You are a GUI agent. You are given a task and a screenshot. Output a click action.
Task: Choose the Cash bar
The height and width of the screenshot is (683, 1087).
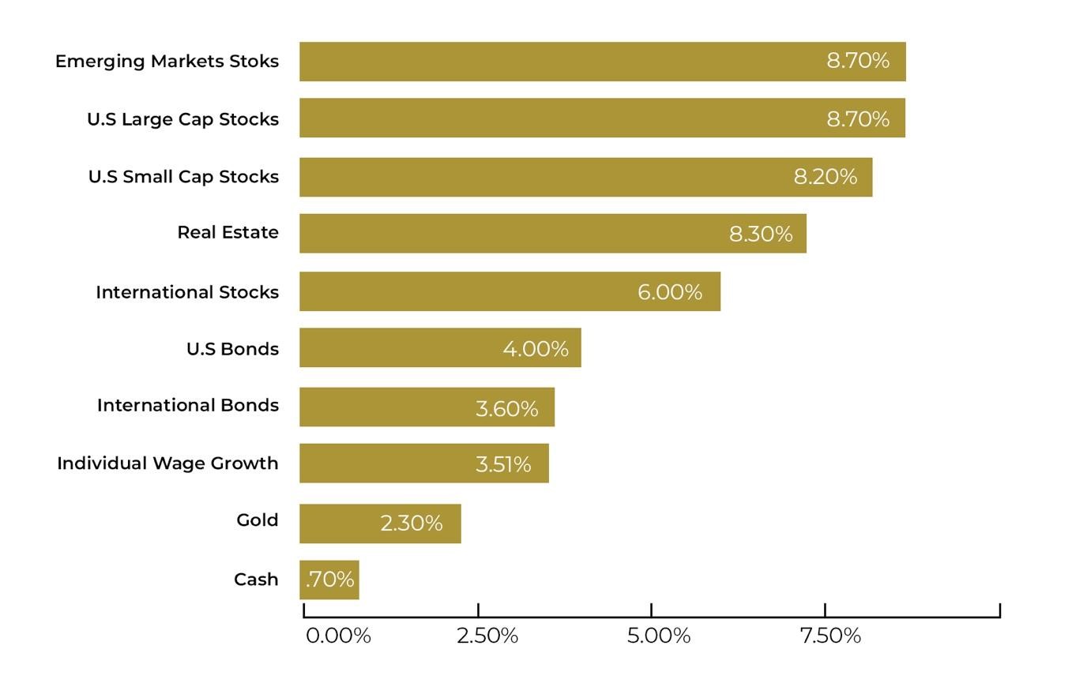tap(329, 580)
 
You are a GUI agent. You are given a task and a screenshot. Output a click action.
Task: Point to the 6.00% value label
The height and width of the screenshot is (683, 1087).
tap(669, 292)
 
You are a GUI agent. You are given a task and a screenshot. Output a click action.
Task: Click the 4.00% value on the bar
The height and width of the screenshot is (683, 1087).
tap(535, 349)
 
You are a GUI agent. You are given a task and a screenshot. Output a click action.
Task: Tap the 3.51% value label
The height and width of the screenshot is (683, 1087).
tap(502, 464)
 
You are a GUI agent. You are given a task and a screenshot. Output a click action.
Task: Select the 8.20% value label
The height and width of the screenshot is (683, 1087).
tap(825, 177)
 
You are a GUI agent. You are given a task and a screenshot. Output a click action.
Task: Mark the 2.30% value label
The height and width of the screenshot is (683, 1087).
tap(411, 524)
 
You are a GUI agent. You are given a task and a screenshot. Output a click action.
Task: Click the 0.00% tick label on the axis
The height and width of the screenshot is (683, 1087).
tap(338, 636)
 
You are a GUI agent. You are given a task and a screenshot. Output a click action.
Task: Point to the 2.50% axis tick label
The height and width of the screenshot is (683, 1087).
tap(487, 636)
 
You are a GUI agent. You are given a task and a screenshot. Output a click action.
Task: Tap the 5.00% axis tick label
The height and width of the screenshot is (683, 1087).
tap(659, 636)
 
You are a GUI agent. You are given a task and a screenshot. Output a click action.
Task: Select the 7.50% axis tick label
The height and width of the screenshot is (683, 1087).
tap(830, 636)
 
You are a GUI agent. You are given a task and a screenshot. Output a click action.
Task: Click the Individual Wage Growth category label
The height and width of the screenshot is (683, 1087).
tap(167, 463)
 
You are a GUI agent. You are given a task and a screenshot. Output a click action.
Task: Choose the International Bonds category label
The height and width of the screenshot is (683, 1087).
tap(187, 405)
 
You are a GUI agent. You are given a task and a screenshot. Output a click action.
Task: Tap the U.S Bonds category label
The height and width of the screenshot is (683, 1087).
tap(232, 349)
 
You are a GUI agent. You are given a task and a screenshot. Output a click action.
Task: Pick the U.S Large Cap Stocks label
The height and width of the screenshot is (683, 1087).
tap(182, 119)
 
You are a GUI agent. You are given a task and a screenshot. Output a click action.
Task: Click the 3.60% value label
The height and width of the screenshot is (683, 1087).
tap(506, 409)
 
